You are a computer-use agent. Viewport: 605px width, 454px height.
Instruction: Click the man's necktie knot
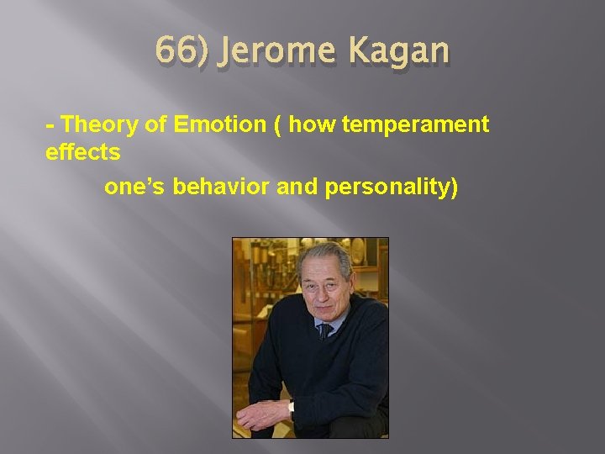click(324, 330)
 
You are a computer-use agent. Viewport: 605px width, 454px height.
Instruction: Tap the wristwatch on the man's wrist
click(291, 409)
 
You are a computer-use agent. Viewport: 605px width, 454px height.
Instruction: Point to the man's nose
click(322, 290)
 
